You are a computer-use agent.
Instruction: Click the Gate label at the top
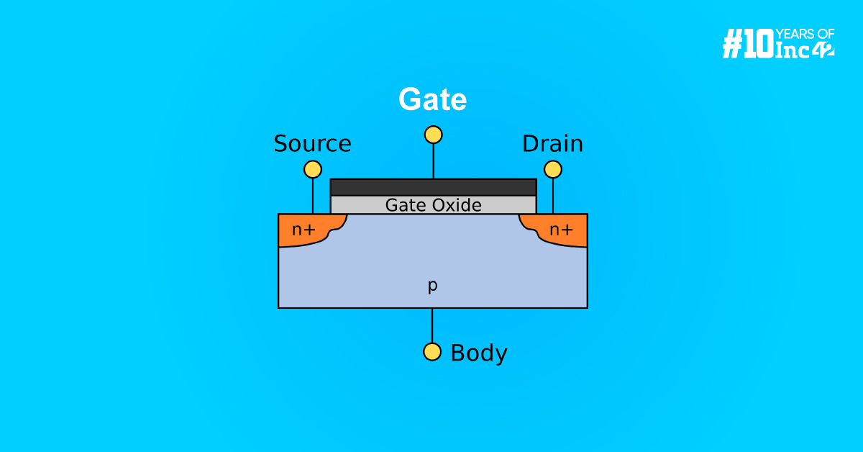(x=433, y=100)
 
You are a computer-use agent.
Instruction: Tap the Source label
(x=312, y=144)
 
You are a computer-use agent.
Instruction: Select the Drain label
(x=552, y=144)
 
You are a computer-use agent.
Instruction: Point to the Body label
(x=478, y=353)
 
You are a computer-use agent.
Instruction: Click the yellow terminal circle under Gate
(x=433, y=135)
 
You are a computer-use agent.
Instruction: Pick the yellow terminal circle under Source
(x=313, y=169)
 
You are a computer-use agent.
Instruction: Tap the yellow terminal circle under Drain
(x=552, y=169)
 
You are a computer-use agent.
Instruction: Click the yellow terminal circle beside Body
(x=432, y=351)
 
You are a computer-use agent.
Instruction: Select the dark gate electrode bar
(x=433, y=187)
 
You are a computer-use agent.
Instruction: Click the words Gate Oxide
(x=433, y=205)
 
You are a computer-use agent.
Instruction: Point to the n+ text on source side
(x=303, y=230)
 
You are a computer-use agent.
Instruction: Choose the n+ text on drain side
(x=561, y=230)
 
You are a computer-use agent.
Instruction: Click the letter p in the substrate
(x=432, y=286)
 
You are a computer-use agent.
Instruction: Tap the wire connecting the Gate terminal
(x=433, y=161)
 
